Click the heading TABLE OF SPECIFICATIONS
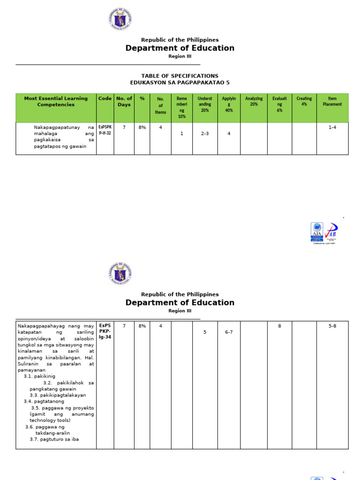[x=180, y=76]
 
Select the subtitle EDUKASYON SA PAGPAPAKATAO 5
[x=180, y=82]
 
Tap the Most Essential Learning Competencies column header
[x=56, y=102]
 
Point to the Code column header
[x=105, y=98]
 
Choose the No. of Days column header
[x=124, y=102]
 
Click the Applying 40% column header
[x=229, y=105]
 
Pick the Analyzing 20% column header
[x=254, y=102]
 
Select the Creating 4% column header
[x=304, y=102]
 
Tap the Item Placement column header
[x=332, y=102]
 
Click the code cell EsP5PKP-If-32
[x=105, y=130]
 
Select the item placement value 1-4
[x=332, y=127]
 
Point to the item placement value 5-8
[x=332, y=326]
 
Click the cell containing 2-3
[x=205, y=134]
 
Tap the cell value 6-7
[x=229, y=332]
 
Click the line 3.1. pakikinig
[x=39, y=376]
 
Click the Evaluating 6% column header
[x=279, y=105]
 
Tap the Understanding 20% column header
[x=205, y=105]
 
